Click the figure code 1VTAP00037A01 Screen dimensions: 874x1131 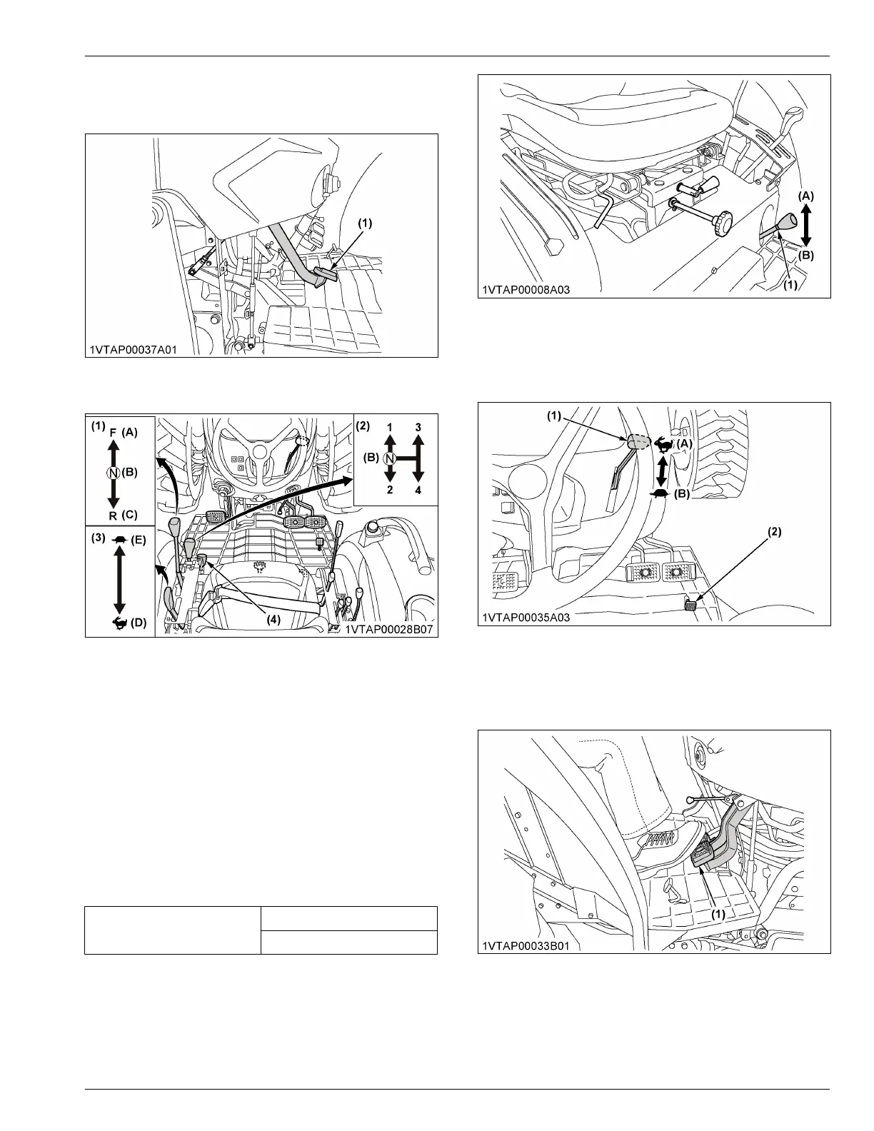tap(134, 350)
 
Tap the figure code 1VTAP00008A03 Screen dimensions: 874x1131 tap(525, 290)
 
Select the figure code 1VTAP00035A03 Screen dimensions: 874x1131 tap(526, 618)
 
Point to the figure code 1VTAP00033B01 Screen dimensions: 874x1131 tap(526, 945)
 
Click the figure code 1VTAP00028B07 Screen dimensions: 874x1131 tap(390, 630)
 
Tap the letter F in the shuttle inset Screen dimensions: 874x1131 tap(114, 433)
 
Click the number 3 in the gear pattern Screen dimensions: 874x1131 tap(418, 427)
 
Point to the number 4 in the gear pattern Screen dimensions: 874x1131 tap(418, 491)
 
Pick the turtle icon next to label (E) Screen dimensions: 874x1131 tap(119, 541)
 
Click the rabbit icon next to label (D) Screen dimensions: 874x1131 tap(119, 623)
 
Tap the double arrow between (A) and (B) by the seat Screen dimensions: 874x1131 tap(805, 224)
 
